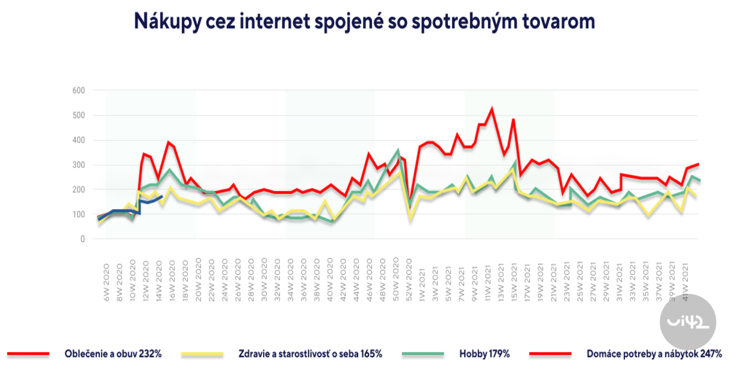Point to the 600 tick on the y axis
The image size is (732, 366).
[x=79, y=90]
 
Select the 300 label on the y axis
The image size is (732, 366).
[x=79, y=165]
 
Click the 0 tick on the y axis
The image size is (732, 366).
[x=82, y=239]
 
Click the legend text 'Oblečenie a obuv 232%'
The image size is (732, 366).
[x=113, y=354]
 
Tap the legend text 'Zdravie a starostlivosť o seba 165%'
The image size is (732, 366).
[x=311, y=354]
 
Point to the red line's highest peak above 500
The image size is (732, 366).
[x=492, y=109]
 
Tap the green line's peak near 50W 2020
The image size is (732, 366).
[x=398, y=150]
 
